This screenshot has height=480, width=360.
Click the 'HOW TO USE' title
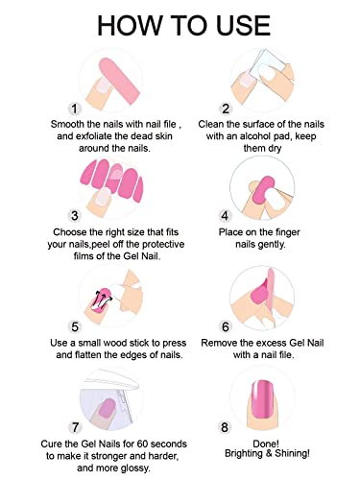pos(180,21)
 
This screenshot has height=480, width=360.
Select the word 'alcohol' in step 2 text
pos(258,137)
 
